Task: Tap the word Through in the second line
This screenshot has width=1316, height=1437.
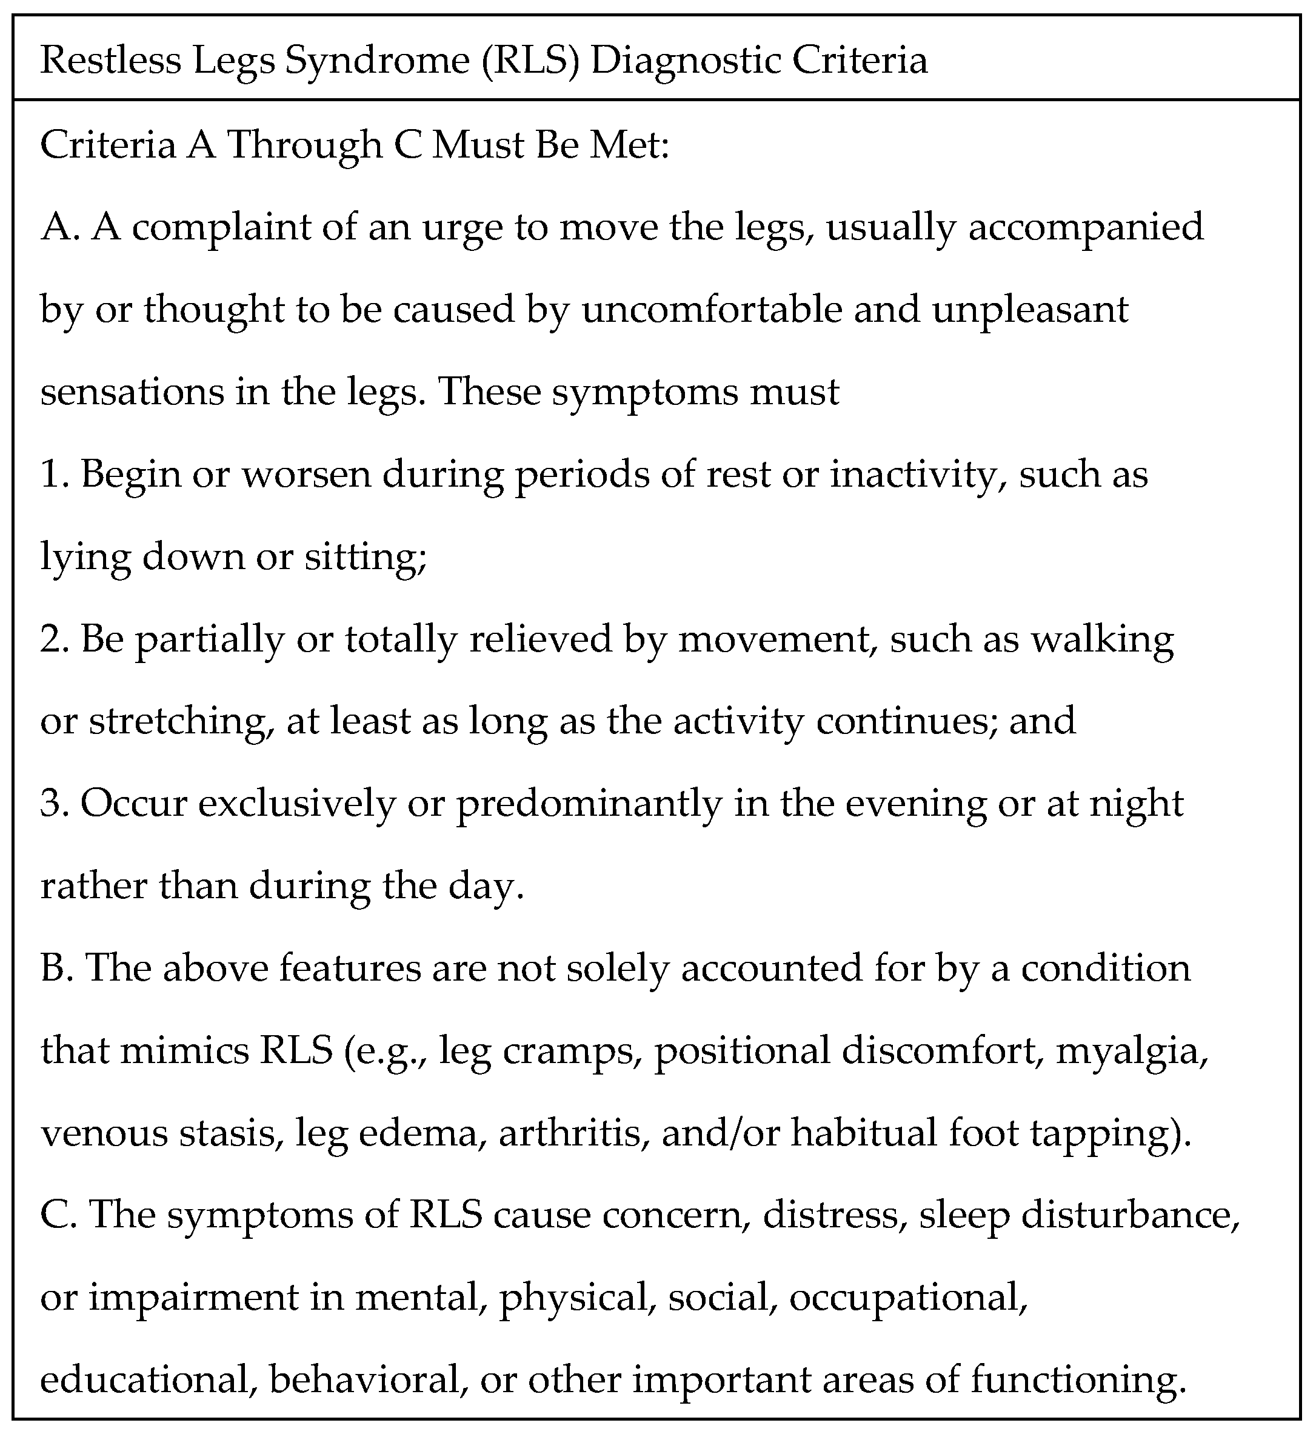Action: click(305, 145)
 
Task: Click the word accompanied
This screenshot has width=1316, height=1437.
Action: click(1084, 227)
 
